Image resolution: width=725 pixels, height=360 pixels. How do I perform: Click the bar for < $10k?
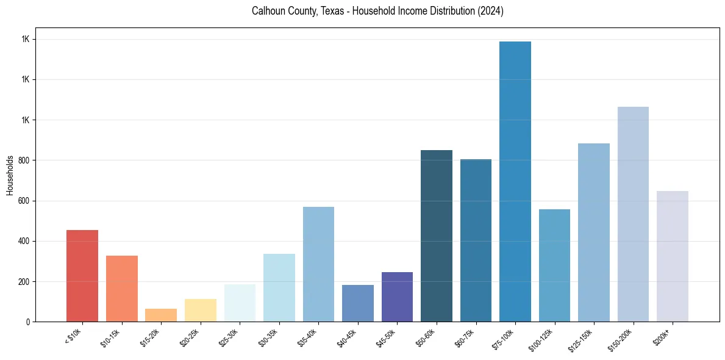pyautogui.click(x=82, y=276)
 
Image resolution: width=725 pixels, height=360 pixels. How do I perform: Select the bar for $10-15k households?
pyautogui.click(x=122, y=289)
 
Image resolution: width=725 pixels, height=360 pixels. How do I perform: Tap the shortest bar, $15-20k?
pyautogui.click(x=161, y=315)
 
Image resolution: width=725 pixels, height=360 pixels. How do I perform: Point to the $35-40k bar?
pyautogui.click(x=318, y=264)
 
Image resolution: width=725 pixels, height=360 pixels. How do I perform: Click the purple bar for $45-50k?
pyautogui.click(x=397, y=297)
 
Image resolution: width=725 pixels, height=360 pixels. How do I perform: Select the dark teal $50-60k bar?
pyautogui.click(x=437, y=236)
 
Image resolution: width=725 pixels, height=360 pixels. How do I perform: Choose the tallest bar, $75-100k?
pyautogui.click(x=515, y=181)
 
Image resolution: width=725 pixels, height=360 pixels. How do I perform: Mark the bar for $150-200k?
pyautogui.click(x=633, y=214)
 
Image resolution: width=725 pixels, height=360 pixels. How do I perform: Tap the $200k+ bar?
pyautogui.click(x=673, y=256)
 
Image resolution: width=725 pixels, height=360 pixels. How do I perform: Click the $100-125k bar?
pyautogui.click(x=554, y=265)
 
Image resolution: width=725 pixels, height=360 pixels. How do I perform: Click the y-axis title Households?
pyautogui.click(x=10, y=175)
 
